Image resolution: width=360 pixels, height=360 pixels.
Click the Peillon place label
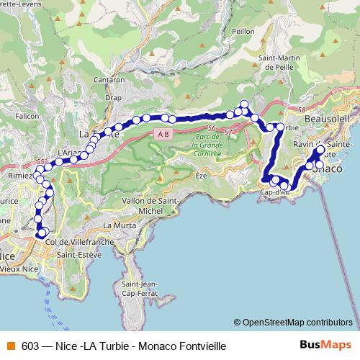244,32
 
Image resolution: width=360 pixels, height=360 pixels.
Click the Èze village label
200,175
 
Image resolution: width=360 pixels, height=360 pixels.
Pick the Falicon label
26,115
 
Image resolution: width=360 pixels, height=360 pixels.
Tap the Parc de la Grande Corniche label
207,144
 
